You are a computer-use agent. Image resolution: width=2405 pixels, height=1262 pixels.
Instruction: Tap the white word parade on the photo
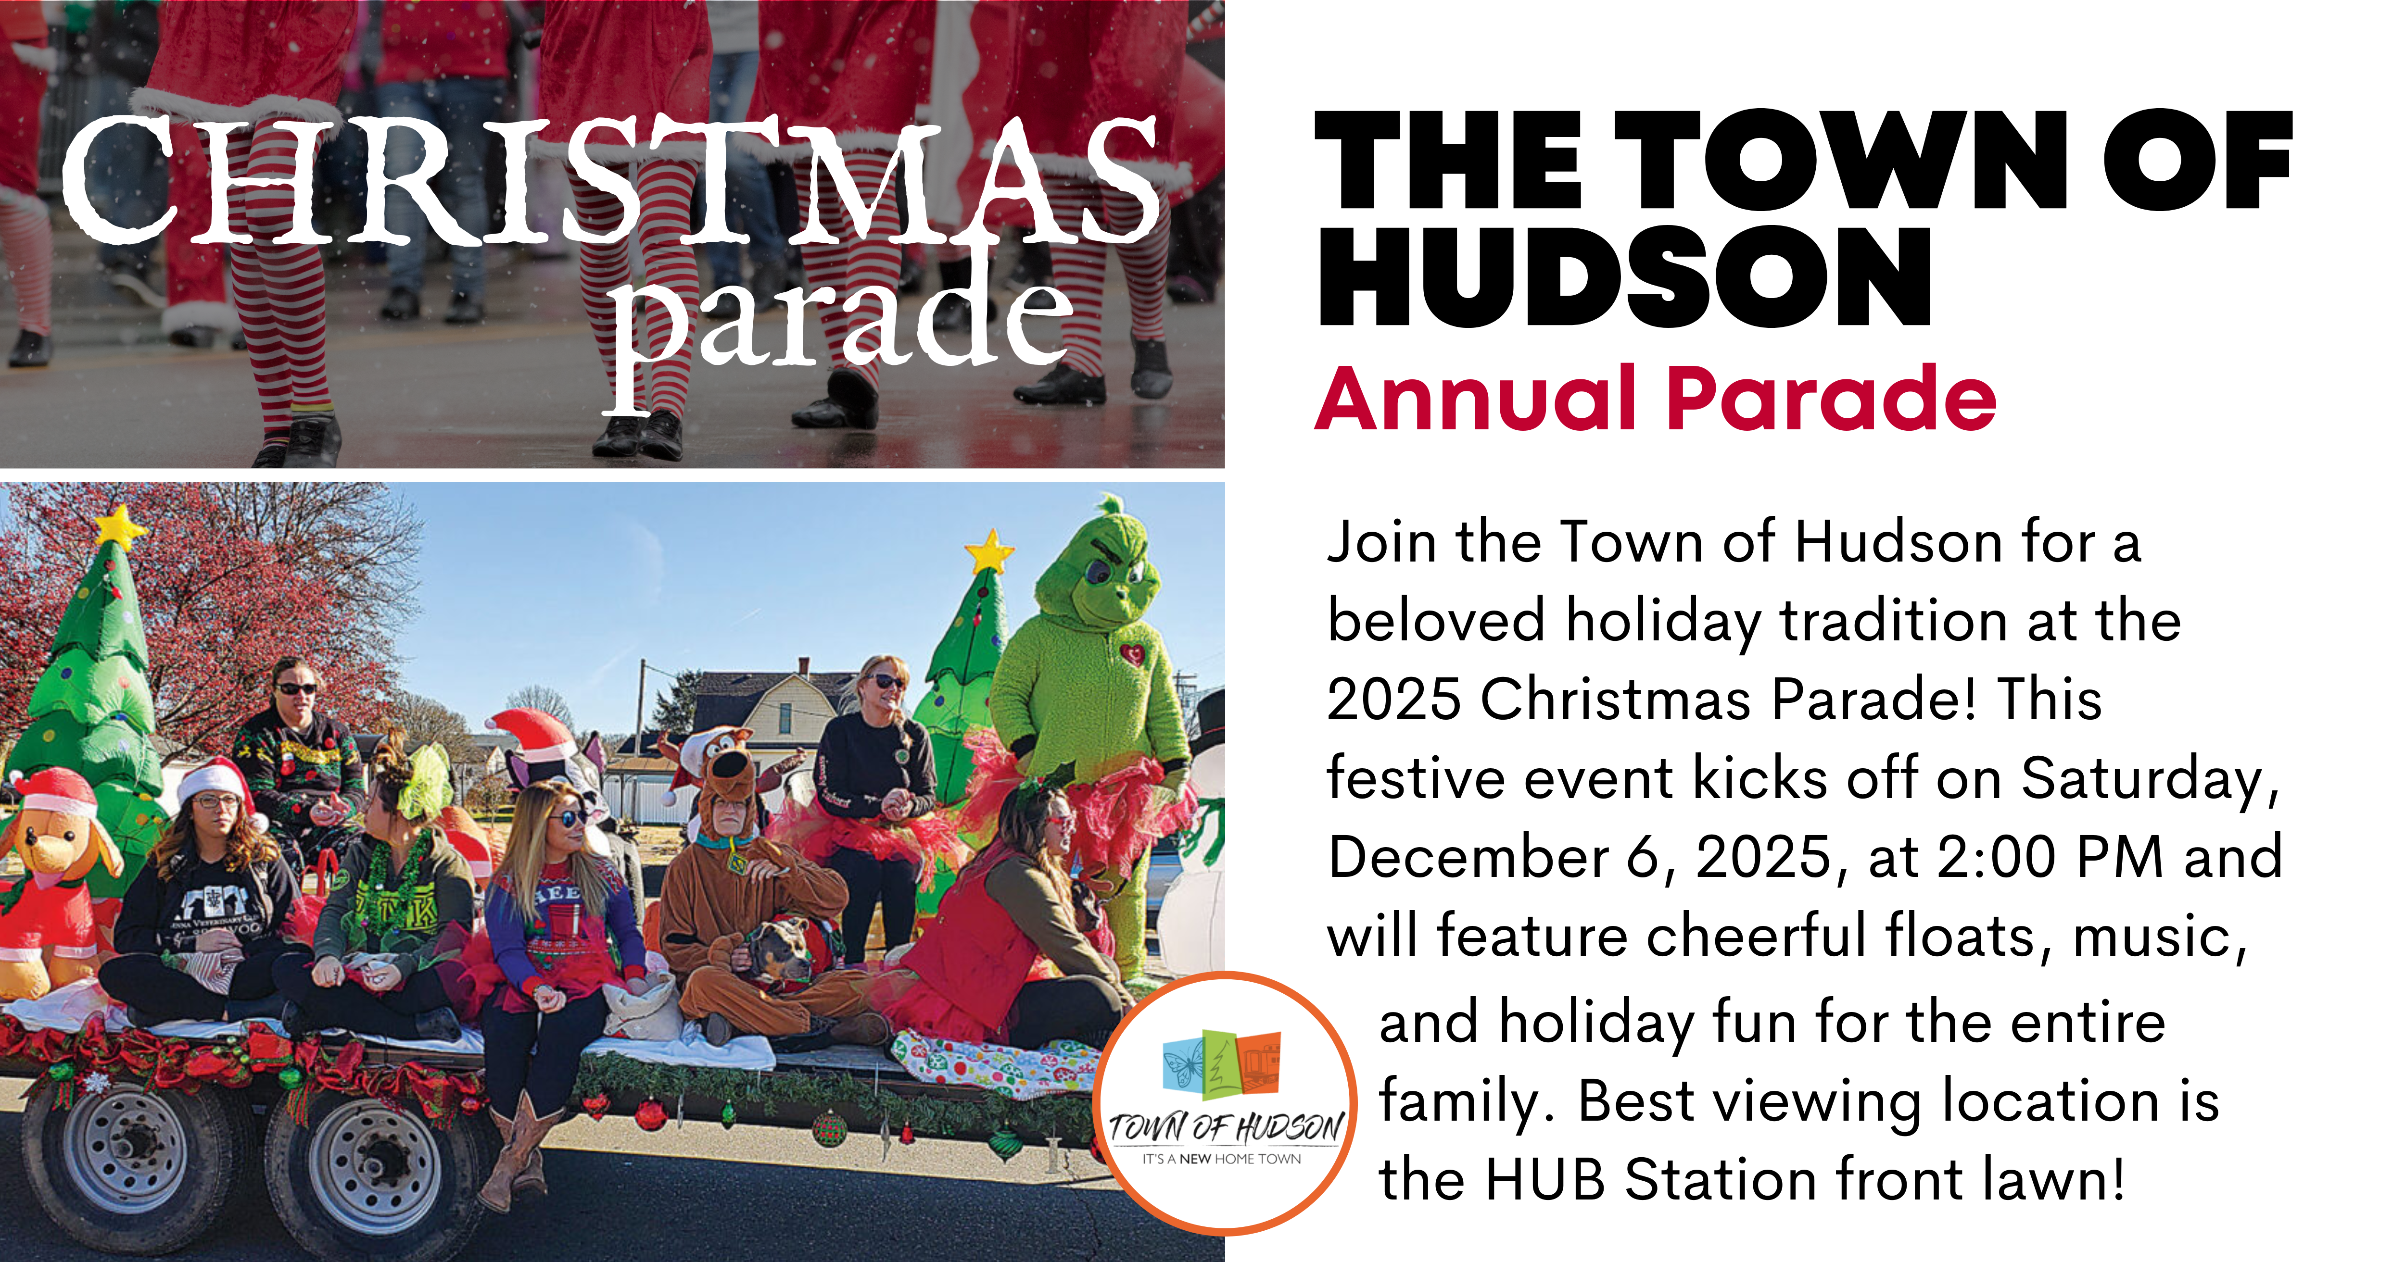pyautogui.click(x=840, y=322)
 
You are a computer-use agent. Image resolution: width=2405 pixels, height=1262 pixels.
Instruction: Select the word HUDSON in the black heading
pyautogui.click(x=1624, y=278)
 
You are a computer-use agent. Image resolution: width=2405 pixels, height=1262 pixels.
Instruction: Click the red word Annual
pyautogui.click(x=1475, y=400)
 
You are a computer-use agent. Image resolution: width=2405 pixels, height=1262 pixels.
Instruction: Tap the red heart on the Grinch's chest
pyautogui.click(x=1132, y=653)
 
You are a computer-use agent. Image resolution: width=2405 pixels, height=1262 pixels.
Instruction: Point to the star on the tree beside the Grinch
pyautogui.click(x=989, y=552)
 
